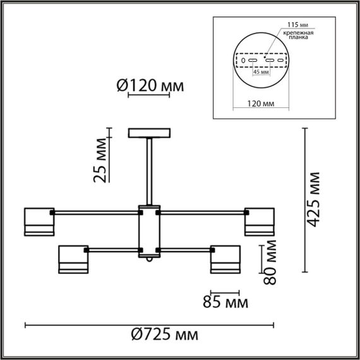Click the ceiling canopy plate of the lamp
point(149,133)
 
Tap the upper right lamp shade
point(260,221)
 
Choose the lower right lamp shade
point(225,260)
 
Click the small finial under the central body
point(150,260)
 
